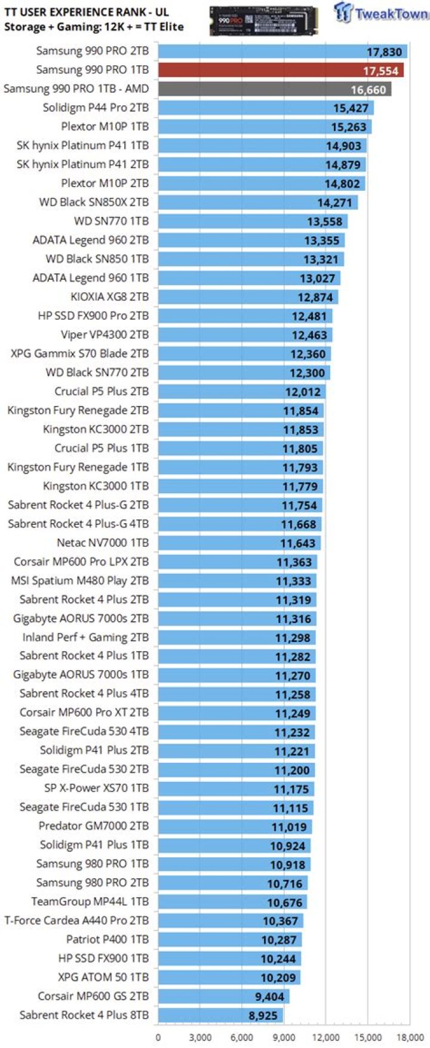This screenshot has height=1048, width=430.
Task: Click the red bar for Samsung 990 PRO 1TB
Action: coord(281,70)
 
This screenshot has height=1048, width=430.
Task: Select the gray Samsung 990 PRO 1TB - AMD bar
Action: coord(275,89)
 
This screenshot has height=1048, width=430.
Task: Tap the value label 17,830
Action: coord(384,52)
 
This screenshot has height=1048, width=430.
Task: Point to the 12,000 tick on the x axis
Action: coord(325,1037)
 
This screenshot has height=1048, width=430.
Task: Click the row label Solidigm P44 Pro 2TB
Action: coord(96,108)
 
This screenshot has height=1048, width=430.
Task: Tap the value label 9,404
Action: coord(269,997)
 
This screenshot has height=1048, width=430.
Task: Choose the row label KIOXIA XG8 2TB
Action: coord(109,297)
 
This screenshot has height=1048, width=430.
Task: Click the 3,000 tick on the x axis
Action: coord(200,1037)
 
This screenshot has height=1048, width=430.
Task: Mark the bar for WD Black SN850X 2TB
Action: coord(257,203)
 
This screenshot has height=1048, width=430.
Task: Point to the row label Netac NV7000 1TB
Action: coord(103,543)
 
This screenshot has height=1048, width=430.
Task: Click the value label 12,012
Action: coord(303,392)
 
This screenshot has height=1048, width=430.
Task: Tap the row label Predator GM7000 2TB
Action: coord(94,826)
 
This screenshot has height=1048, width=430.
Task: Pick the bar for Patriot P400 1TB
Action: coord(229,940)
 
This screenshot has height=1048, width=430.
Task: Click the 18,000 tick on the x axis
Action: coord(410,1037)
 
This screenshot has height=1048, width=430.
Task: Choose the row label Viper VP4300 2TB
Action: coord(105,335)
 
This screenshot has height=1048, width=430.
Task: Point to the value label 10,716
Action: coord(285,884)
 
